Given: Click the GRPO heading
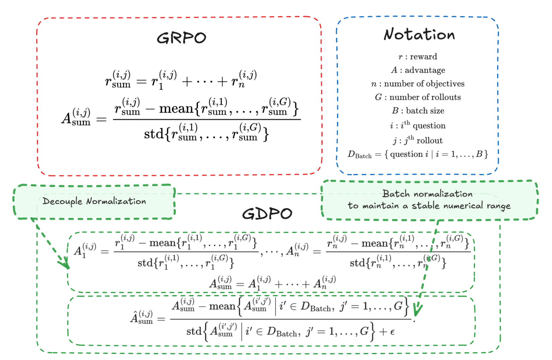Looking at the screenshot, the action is click(x=181, y=38).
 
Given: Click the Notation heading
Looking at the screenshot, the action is click(x=419, y=34).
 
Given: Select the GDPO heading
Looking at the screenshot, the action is click(x=267, y=214).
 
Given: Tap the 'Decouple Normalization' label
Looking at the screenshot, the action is click(x=94, y=201).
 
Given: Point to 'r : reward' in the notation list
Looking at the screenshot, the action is click(x=418, y=57).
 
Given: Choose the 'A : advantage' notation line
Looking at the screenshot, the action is click(x=418, y=70).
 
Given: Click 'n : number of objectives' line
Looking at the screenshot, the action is click(x=418, y=84).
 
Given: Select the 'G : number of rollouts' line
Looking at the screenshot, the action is click(x=418, y=97).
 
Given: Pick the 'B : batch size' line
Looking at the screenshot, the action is click(x=418, y=111).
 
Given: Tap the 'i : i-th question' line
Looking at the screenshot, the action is click(x=418, y=125).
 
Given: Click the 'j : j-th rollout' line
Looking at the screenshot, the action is click(x=418, y=140).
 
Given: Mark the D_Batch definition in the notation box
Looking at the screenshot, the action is click(x=418, y=154).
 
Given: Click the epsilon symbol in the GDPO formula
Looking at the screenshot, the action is click(x=392, y=332).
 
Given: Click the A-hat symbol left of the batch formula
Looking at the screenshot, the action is click(x=141, y=317).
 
